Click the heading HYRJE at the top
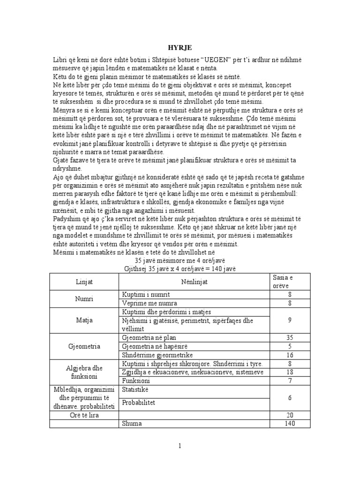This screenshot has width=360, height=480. coord(180,47)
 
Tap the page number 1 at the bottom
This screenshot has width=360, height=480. coord(180,446)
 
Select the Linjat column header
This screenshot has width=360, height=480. coord(84,282)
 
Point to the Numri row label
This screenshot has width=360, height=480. coord(84,299)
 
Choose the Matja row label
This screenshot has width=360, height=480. coord(84,320)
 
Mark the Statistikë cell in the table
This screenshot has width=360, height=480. coord(135,390)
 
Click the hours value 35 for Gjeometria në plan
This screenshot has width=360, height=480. coord(289,337)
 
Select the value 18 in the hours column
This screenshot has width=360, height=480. coord(289,372)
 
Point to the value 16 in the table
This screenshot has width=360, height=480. coord(289,355)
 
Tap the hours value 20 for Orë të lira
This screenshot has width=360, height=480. coord(289,415)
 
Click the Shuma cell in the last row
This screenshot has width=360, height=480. coord(132,423)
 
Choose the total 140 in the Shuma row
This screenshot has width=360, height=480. coord(289,423)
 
